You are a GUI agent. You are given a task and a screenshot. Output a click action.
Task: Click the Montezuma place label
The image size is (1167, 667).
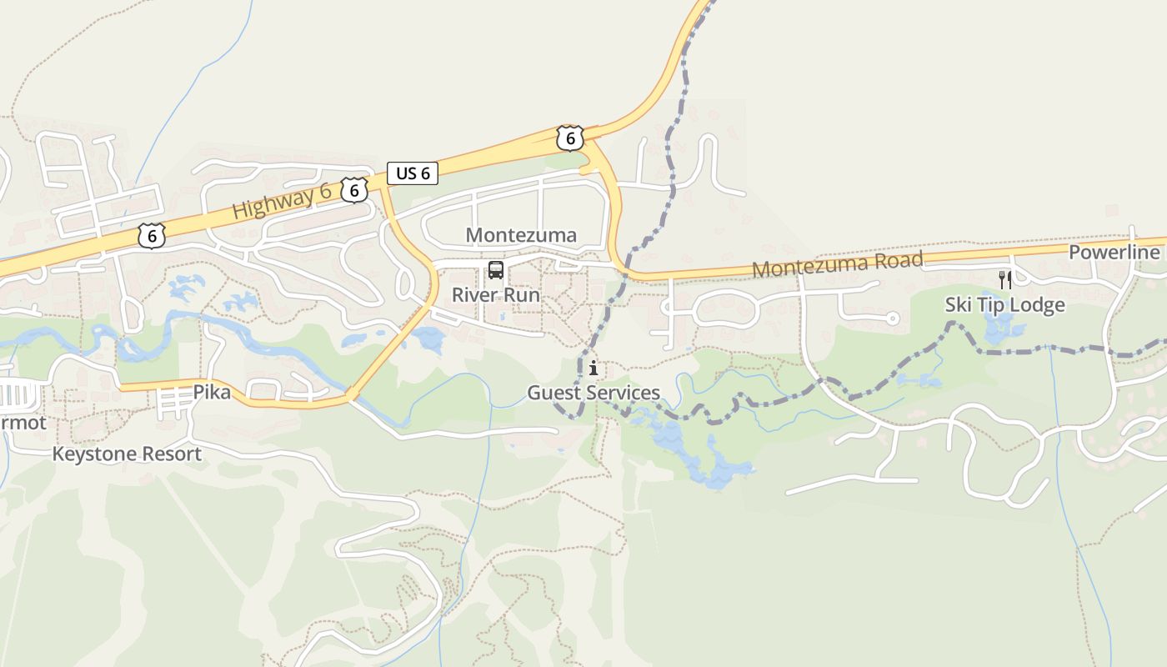tap(521, 235)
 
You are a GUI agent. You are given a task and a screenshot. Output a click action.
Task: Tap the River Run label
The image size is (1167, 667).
tap(495, 295)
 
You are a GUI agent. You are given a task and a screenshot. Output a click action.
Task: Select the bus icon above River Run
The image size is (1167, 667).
tap(496, 270)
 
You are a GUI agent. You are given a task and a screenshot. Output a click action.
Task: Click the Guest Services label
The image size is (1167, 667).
tap(593, 393)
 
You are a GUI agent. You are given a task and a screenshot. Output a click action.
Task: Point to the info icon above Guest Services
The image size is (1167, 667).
tap(593, 368)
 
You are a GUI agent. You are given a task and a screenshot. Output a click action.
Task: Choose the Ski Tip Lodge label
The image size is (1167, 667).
tap(1004, 305)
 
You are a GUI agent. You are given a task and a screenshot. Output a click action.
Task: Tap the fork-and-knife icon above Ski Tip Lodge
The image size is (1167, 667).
tap(1005, 280)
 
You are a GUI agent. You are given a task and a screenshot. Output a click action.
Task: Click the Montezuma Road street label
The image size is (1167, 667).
tap(837, 265)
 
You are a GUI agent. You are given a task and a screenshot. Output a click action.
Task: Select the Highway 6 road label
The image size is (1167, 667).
tap(281, 202)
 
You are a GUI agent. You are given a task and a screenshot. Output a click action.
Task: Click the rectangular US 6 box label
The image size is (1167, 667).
tap(413, 173)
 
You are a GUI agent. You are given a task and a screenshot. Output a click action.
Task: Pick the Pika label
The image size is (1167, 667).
tap(212, 392)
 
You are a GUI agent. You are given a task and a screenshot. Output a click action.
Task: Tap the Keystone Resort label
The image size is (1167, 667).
tap(127, 454)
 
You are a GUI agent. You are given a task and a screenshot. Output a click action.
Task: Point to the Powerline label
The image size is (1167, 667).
tap(1114, 253)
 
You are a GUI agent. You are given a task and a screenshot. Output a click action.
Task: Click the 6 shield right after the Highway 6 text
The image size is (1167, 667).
tap(354, 190)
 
